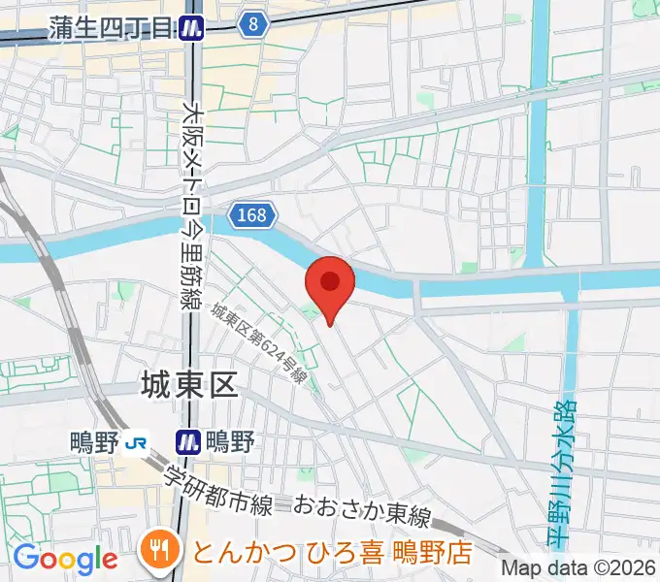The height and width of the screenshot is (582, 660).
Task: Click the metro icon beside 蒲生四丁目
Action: pyautogui.click(x=191, y=28)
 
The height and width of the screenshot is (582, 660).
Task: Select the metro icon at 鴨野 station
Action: pyautogui.click(x=188, y=442)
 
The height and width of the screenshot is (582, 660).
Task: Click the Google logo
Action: pyautogui.click(x=65, y=558)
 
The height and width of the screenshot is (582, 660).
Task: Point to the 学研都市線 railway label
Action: pyautogui.click(x=217, y=491)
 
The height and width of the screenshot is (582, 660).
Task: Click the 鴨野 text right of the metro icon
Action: pyautogui.click(x=229, y=442)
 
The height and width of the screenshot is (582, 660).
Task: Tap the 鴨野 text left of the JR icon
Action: pyautogui.click(x=94, y=442)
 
